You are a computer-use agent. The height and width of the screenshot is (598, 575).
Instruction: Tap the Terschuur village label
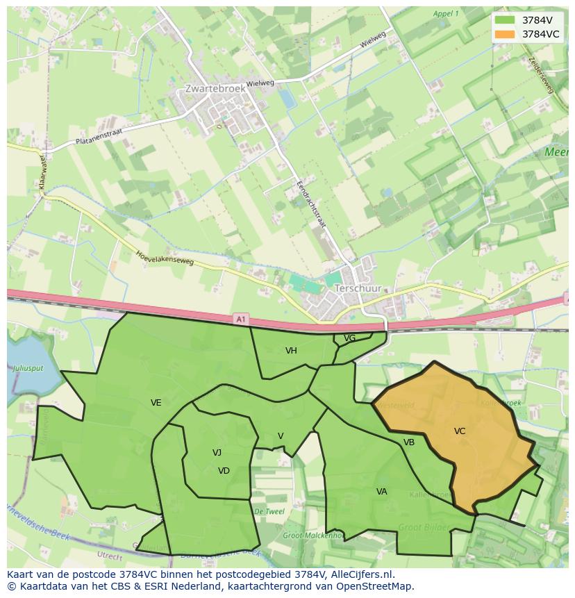click(x=358, y=288)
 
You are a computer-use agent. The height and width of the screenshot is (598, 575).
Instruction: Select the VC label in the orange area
click(x=460, y=431)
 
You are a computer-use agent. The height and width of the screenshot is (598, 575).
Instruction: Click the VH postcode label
click(x=291, y=351)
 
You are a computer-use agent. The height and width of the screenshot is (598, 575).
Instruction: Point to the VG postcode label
click(x=349, y=338)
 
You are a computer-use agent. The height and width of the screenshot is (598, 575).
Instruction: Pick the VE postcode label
click(x=156, y=403)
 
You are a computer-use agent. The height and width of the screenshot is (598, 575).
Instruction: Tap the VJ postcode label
click(x=217, y=453)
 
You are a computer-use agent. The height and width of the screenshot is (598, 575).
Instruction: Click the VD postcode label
click(x=224, y=471)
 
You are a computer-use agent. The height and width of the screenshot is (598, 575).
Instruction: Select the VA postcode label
click(x=382, y=492)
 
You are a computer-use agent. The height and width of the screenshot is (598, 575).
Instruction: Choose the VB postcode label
click(x=409, y=442)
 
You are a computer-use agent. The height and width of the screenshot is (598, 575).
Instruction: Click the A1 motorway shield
click(x=240, y=319)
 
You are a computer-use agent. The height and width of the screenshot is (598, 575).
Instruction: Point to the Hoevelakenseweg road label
click(x=165, y=258)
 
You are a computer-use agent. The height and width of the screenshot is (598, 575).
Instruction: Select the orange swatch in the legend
click(x=505, y=34)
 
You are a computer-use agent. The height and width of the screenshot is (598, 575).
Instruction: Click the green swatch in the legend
click(x=505, y=20)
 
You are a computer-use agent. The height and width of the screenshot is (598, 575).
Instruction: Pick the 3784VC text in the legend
click(x=540, y=34)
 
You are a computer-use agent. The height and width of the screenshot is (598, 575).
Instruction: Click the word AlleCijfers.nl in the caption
click(x=360, y=575)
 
